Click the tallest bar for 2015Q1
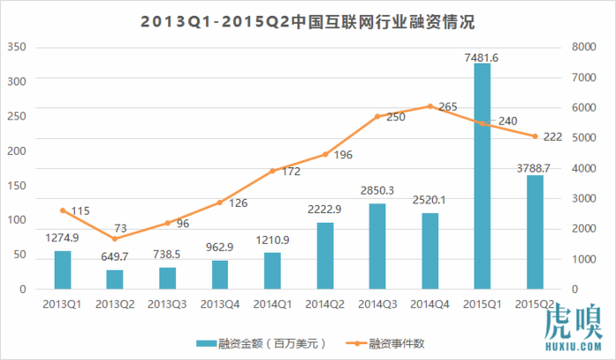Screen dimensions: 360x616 tap(482, 176)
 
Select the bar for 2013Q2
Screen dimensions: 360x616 tap(114, 279)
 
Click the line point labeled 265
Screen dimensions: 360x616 tap(429, 106)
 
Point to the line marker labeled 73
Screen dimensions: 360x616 tap(114, 239)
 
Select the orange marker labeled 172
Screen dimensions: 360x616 tap(273, 170)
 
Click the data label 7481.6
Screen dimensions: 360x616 tap(482, 57)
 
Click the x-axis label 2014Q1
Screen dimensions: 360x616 tap(273, 303)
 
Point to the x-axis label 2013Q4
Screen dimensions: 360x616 tap(220, 303)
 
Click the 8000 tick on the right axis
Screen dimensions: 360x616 tap(583, 46)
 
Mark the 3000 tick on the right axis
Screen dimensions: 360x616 tap(583, 198)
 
